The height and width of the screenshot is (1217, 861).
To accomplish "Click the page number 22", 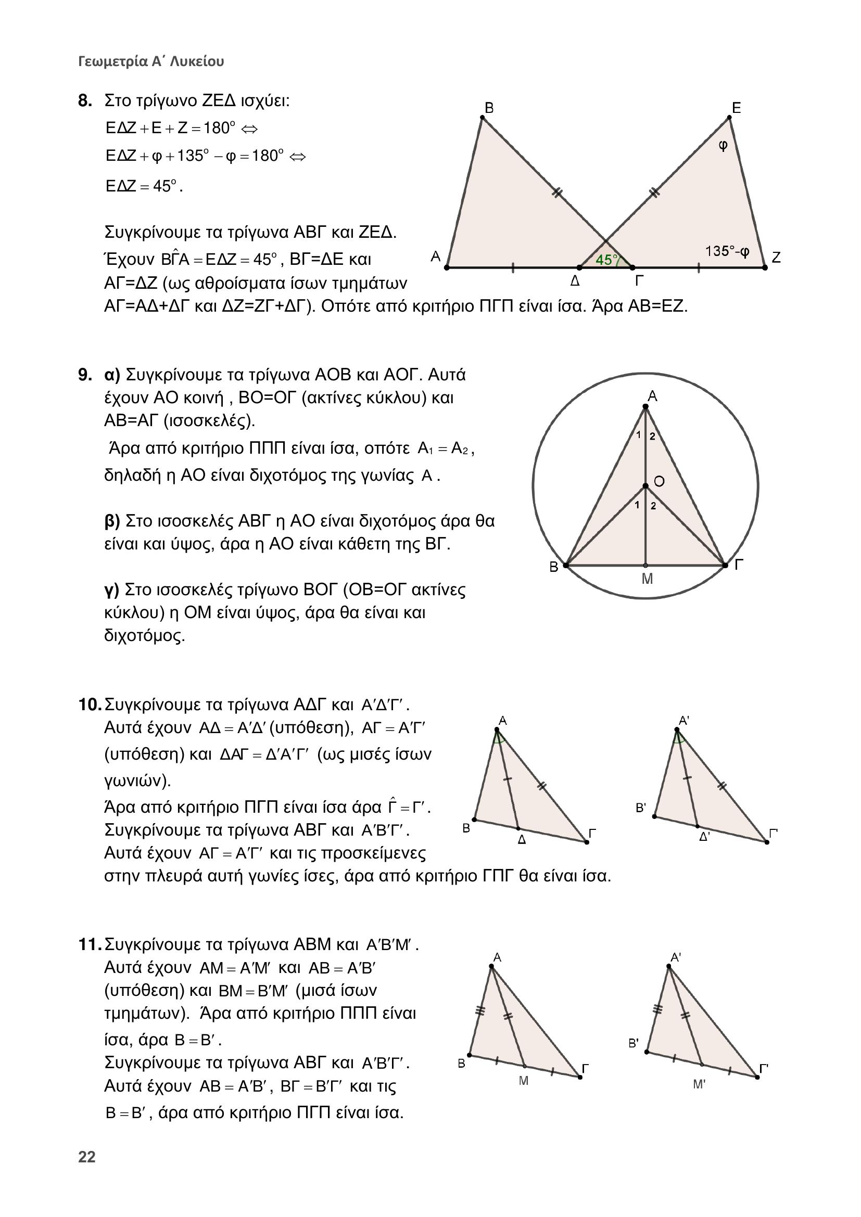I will pos(86,1157).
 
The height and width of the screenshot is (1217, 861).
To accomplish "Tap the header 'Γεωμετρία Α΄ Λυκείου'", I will pos(151,61).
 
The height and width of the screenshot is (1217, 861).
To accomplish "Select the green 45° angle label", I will pos(606,260).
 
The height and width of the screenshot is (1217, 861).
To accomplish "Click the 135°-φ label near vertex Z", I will pos(727,251).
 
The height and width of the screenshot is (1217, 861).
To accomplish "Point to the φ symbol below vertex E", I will pos(723,145).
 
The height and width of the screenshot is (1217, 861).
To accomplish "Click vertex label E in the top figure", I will pos(736,108).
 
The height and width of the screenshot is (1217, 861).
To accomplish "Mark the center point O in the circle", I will pos(645,486).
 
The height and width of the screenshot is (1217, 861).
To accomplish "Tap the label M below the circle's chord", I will pos(647,579).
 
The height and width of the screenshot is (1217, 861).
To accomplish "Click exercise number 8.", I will pos(85,101).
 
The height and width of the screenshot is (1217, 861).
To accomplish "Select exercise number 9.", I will pos(85,375).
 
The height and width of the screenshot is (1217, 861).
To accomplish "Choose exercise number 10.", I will pos(89,705).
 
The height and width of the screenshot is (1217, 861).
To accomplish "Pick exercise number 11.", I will pos(89,944).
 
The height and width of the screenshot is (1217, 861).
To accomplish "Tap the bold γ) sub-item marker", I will pos(112,590).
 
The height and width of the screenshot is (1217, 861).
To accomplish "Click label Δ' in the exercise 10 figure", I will pos(704,837).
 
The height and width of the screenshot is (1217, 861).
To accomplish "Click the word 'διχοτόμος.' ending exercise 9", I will pos(144,635).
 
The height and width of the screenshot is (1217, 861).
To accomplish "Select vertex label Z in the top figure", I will pos(776,258).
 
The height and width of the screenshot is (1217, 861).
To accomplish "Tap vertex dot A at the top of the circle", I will pos(645,407).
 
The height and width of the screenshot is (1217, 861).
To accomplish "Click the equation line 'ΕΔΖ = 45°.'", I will pos(144,187).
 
